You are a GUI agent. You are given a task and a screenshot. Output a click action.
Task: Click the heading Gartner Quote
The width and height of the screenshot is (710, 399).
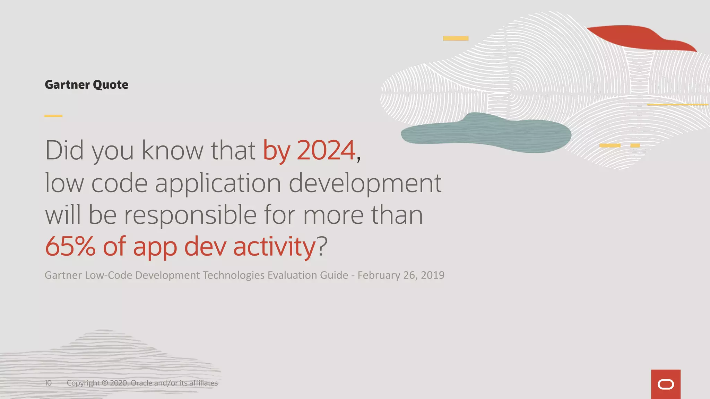click(86, 85)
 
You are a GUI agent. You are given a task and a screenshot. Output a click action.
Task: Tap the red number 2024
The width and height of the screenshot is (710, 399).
click(326, 150)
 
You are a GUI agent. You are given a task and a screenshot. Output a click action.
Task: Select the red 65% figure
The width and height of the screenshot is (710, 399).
click(70, 246)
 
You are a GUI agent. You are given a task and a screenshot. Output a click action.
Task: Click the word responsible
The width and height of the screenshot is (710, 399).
click(190, 215)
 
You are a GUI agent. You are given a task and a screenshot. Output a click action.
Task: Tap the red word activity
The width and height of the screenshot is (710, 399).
click(274, 246)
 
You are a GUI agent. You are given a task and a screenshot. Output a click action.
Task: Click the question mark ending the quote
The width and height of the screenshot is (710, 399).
click(322, 246)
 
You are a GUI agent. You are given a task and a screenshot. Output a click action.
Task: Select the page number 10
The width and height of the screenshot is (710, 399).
click(48, 383)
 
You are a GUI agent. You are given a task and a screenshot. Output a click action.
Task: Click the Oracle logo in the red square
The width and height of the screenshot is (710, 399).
click(666, 384)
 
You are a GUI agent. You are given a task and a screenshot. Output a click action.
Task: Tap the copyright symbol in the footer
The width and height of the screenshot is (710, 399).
click(105, 383)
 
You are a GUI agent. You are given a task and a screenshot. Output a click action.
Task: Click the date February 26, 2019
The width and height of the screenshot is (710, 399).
click(401, 275)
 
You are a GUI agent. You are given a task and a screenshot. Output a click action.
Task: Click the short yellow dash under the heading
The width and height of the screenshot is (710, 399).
click(53, 116)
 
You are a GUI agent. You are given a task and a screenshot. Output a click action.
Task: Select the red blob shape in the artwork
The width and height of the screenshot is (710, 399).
click(638, 37)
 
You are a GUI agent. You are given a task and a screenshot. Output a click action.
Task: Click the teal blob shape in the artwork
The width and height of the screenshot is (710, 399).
click(485, 133)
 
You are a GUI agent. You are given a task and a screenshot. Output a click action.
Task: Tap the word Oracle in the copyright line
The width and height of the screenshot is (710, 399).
click(141, 383)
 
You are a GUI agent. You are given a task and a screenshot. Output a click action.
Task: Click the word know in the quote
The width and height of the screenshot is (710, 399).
click(172, 150)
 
